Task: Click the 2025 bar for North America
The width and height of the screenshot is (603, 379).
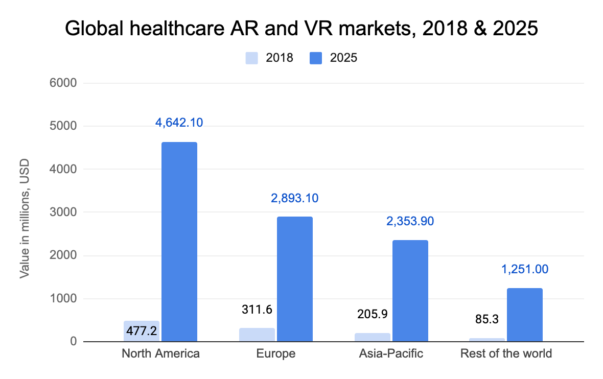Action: point(179,242)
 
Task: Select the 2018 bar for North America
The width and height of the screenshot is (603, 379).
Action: point(142,331)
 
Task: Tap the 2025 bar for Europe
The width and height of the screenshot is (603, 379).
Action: point(295,279)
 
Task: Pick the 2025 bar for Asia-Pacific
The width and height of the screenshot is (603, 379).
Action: point(410,291)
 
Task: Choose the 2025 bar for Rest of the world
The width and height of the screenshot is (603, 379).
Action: point(525,315)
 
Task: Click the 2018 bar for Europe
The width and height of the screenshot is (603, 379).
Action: point(257,335)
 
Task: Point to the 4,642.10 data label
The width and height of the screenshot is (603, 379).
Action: point(179,123)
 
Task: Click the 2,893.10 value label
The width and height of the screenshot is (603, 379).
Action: point(294,198)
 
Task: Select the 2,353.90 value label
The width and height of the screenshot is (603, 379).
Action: point(410,221)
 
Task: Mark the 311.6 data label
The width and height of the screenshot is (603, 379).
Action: point(257,309)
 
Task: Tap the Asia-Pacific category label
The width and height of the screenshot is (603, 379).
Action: point(391,353)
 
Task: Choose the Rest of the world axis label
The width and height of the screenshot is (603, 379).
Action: point(506,353)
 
